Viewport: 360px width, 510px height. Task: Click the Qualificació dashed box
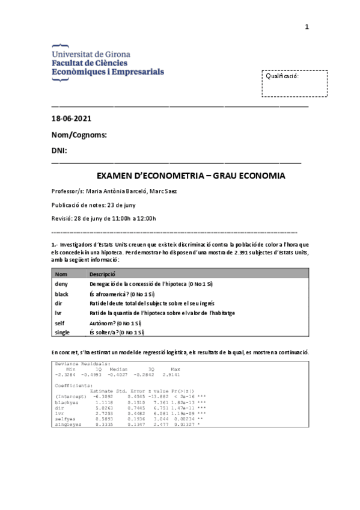(x=294, y=84)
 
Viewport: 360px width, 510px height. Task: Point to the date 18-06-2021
(x=72, y=119)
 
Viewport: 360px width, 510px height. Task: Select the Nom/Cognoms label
(x=79, y=135)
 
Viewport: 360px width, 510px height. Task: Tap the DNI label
(x=59, y=150)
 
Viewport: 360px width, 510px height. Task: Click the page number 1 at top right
(x=307, y=27)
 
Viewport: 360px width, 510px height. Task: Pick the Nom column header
(x=61, y=274)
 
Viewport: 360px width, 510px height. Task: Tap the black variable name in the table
(x=62, y=293)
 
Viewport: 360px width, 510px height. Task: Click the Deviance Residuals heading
(x=82, y=364)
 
